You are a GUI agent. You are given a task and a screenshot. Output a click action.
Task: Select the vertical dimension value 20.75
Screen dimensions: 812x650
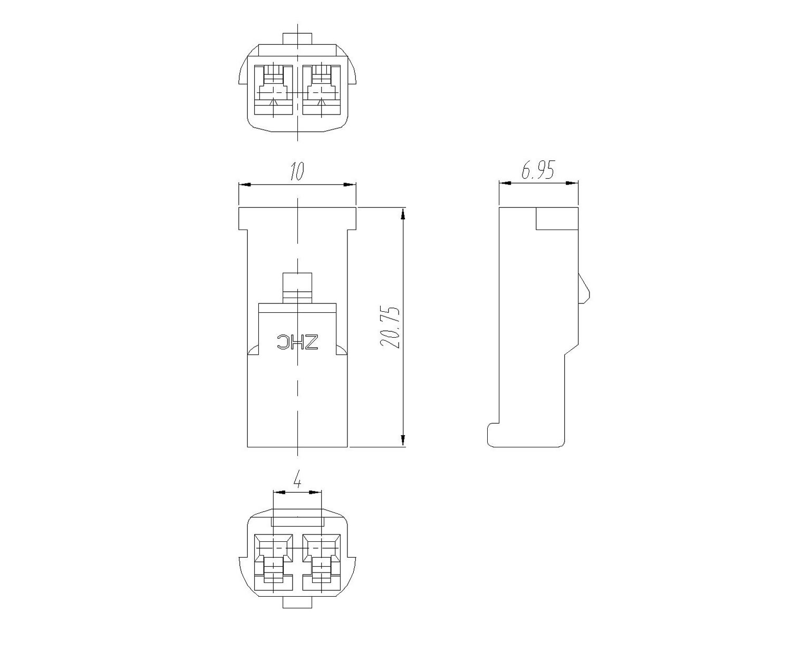pyautogui.click(x=390, y=327)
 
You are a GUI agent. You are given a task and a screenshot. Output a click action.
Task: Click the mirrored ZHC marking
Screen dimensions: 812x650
pyautogui.click(x=298, y=342)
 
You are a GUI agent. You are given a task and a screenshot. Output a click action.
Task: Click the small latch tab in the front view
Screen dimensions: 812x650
pyautogui.click(x=297, y=288)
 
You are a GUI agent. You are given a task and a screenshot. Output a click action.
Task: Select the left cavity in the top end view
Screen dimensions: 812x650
pyautogui.click(x=274, y=90)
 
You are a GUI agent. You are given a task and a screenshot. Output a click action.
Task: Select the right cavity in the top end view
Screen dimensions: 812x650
pyautogui.click(x=322, y=90)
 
